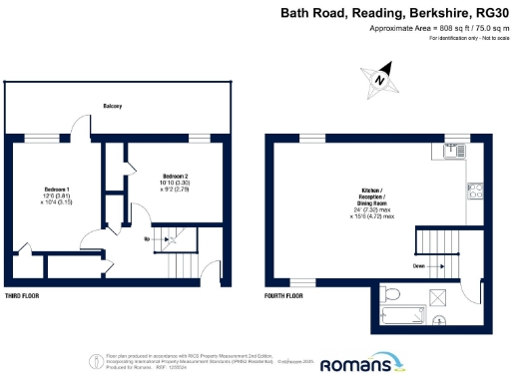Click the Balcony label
(x=112, y=106)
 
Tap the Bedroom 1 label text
(x=55, y=189)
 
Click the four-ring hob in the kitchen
(x=476, y=191)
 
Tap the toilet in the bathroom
(x=393, y=294)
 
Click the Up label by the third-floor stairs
(x=148, y=240)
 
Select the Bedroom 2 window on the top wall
(x=201, y=137)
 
